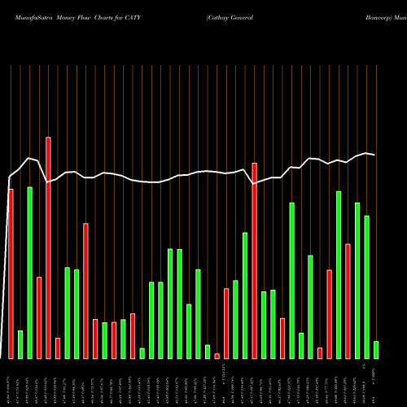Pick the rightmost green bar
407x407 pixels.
(376, 349)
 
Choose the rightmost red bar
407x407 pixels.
(348, 301)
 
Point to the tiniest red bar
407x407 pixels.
(217, 356)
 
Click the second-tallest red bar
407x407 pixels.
(254, 260)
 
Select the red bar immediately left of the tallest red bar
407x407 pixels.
(39, 317)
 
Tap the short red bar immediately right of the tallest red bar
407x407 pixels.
(58, 348)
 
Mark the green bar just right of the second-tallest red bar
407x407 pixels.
(264, 325)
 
